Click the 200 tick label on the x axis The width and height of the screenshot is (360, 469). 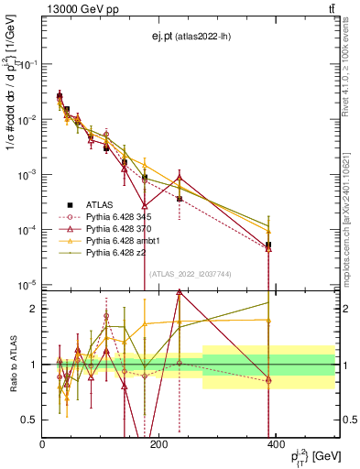158,443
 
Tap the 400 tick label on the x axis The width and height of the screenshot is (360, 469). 275,443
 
